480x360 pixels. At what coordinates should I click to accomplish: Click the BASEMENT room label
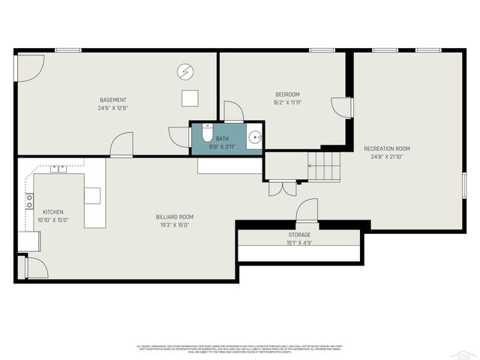pos(113,100)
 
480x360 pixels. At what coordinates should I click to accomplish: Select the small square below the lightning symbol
pos(190,97)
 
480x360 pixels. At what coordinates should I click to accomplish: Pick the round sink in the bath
pos(255,137)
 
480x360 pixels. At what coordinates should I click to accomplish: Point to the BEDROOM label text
pos(286,94)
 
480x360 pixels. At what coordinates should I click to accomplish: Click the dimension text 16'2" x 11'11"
pos(286,103)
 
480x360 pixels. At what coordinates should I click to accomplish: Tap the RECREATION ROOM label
pos(386,148)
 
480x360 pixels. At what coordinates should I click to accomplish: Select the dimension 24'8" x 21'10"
pos(386,157)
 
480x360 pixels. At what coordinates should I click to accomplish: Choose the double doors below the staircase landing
pos(282,188)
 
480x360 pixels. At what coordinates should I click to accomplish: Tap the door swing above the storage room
pos(307,211)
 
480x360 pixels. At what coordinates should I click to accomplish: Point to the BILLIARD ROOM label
pos(173,217)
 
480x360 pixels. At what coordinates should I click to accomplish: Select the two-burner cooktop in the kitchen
pos(30,200)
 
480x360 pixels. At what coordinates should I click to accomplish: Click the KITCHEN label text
pos(53,212)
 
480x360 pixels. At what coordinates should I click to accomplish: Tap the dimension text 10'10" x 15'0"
pos(53,220)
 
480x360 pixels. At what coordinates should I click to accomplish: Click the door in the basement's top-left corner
pos(30,67)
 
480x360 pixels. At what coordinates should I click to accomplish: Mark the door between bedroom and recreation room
pos(343,107)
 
